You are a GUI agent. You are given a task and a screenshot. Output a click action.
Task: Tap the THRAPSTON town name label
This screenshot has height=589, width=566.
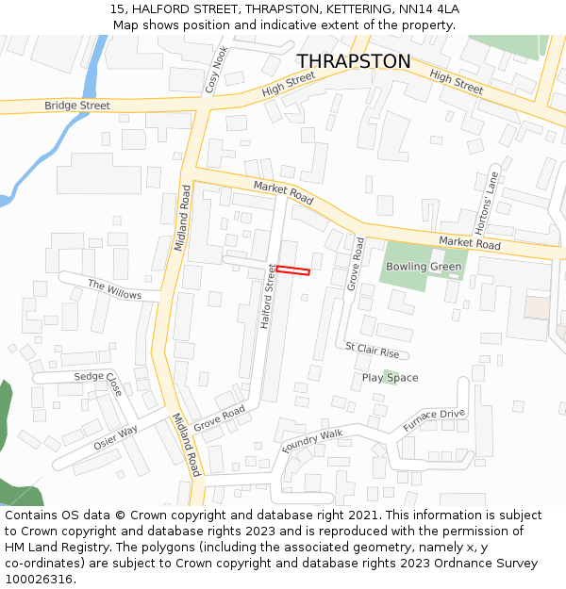tap(354, 61)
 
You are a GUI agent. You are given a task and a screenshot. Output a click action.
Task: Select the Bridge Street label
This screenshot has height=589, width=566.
tap(77, 106)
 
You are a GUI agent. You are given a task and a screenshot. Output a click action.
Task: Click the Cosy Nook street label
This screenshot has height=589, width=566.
tap(216, 71)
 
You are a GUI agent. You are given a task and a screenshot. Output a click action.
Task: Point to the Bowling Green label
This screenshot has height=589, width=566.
tap(424, 267)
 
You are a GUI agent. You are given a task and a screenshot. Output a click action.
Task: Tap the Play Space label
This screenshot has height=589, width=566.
tap(390, 378)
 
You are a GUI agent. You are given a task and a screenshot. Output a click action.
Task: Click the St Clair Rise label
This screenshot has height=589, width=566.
tap(372, 351)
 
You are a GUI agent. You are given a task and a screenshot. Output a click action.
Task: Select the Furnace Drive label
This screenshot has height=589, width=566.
tap(434, 420)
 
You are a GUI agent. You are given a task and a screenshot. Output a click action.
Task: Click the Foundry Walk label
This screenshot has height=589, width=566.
tap(312, 440)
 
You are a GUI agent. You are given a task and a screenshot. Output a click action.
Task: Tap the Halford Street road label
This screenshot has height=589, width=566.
tap(269, 296)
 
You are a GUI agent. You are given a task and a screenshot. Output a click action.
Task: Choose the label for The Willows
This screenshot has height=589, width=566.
tap(114, 289)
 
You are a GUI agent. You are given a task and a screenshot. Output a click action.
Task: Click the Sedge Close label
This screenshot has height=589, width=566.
tap(99, 383)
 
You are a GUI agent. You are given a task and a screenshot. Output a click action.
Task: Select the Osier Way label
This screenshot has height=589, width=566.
tap(115, 437)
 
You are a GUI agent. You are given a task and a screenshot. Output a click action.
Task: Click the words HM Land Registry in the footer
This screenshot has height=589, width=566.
tap(53, 547)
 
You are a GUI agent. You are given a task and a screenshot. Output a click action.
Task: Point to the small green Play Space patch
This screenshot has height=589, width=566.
tap(389, 378)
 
